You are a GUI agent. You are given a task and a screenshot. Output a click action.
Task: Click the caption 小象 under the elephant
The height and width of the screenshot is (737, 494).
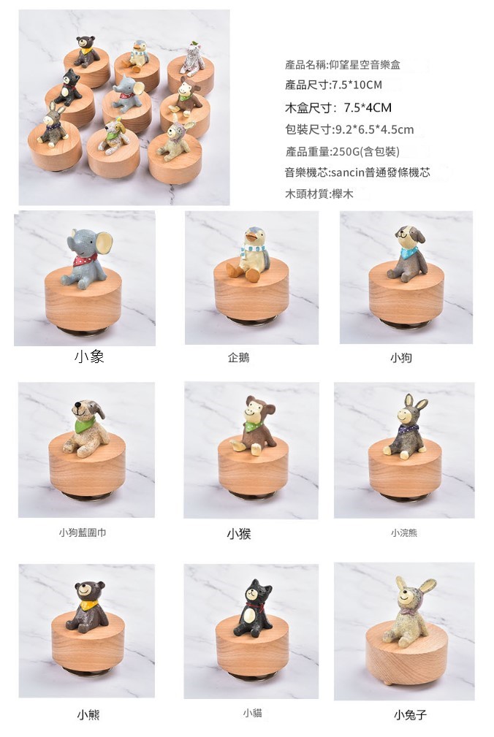click(x=89, y=356)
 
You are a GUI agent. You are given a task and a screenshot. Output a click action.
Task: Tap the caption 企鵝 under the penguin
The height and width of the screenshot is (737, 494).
click(x=238, y=358)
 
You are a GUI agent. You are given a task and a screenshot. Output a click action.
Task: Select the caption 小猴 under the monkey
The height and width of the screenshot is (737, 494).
click(x=239, y=533)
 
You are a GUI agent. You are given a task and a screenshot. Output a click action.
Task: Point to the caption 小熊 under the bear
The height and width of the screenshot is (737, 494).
click(x=88, y=715)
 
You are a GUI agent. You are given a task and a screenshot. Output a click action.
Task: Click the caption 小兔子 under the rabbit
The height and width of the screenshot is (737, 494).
click(x=411, y=715)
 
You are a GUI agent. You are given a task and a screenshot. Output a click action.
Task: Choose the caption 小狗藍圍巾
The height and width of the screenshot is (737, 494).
click(x=83, y=532)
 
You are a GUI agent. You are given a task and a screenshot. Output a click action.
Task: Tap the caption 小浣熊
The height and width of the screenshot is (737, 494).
click(x=404, y=532)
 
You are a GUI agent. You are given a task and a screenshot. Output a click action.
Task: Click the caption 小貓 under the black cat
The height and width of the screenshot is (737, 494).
click(x=252, y=713)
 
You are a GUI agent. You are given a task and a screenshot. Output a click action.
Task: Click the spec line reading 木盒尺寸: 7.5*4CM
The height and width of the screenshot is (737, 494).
click(x=338, y=107)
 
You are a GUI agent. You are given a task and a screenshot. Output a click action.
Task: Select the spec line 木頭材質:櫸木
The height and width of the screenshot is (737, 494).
click(x=319, y=194)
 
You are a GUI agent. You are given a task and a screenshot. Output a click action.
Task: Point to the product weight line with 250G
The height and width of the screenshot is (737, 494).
click(x=342, y=151)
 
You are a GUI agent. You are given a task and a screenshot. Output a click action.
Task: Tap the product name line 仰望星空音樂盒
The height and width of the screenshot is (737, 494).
click(x=343, y=65)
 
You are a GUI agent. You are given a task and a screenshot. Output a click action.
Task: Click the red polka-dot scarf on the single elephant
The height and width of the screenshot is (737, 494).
click(x=85, y=260)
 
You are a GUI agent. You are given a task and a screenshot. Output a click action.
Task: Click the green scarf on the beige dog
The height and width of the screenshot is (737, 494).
click(x=85, y=425)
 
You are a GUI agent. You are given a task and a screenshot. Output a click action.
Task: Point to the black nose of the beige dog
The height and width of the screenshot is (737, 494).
click(x=77, y=404)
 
